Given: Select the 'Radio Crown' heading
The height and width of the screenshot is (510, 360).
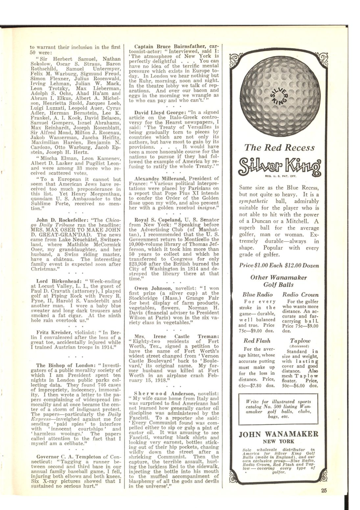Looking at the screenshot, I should point(300,294).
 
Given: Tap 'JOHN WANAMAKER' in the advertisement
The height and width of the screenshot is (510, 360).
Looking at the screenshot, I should point(278,433).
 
